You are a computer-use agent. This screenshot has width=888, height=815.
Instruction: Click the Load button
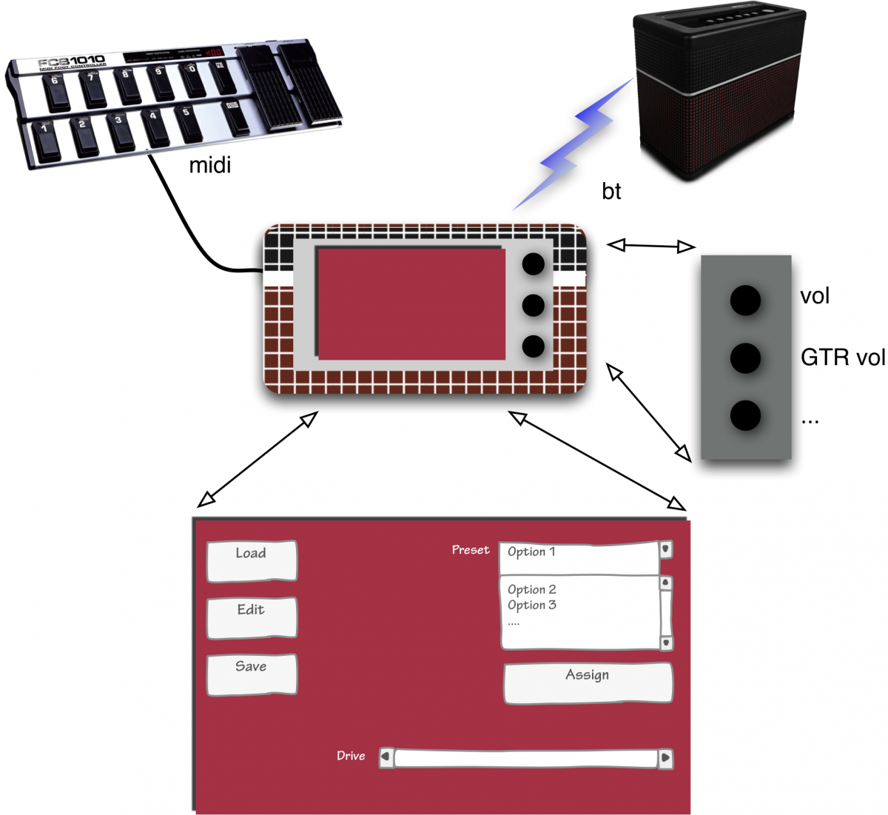252,560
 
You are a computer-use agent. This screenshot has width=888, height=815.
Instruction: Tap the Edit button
252,617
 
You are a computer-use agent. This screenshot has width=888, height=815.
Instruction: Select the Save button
252,674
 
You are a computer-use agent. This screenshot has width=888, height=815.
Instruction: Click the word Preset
471,550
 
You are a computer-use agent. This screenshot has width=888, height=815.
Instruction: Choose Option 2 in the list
532,590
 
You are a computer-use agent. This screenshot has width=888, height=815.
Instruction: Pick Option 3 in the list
532,606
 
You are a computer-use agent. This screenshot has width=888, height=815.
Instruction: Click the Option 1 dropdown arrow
666,550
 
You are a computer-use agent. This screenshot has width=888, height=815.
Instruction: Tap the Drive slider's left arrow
386,757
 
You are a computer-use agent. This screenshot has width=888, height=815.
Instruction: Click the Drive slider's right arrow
665,757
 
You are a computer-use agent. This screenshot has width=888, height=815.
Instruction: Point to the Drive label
351,756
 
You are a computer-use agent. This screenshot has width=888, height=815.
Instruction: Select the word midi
210,164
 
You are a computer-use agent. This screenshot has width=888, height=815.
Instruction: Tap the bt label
611,192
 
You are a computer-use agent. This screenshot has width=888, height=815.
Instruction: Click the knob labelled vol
745,300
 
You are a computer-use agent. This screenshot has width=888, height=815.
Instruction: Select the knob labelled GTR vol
745,358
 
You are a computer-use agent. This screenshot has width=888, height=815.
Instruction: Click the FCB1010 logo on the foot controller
72,62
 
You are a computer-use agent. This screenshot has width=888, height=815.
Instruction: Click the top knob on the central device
533,264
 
